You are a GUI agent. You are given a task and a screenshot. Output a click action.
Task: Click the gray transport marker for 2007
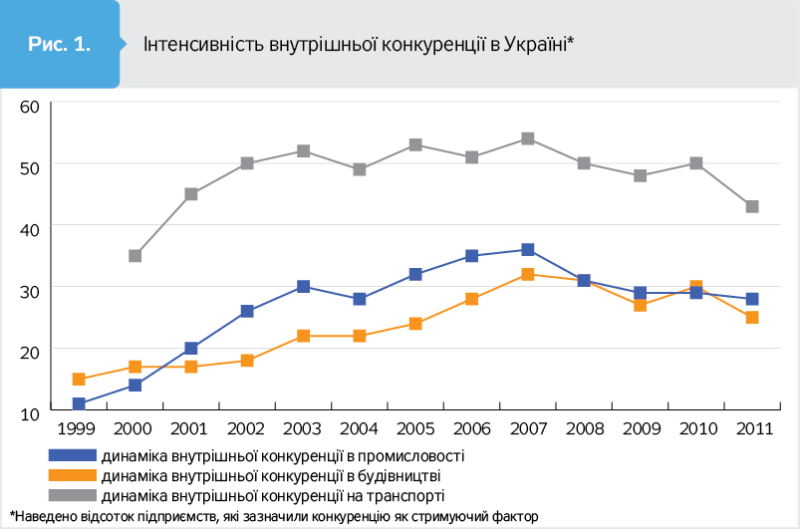(x=528, y=138)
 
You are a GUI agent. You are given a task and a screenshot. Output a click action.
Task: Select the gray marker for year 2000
(x=134, y=256)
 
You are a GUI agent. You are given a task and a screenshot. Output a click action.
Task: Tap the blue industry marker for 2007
(x=528, y=250)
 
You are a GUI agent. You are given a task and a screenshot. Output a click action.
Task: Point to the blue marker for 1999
(x=79, y=404)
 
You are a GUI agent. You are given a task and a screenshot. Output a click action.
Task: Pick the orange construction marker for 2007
(x=528, y=274)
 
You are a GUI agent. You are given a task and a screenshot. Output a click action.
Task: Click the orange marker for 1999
(x=79, y=380)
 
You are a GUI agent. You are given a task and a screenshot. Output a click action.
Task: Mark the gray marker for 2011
(x=752, y=207)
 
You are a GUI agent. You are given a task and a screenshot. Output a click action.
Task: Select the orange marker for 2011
(x=752, y=318)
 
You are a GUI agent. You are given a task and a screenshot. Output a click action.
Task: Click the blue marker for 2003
(x=303, y=287)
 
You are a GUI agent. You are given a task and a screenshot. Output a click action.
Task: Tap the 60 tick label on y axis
(x=28, y=106)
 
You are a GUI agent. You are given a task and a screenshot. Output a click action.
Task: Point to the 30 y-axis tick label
(x=28, y=288)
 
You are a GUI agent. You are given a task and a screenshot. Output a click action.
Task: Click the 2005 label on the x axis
(x=415, y=429)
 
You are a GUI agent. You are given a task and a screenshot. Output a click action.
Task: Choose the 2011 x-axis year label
(x=752, y=429)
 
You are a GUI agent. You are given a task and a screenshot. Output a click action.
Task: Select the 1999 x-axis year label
(x=77, y=429)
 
